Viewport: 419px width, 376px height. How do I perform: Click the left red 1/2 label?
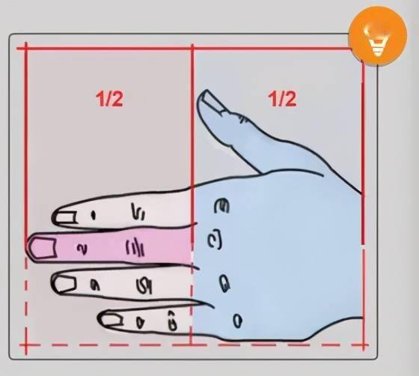click(109, 99)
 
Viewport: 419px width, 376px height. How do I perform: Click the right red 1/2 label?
click(282, 99)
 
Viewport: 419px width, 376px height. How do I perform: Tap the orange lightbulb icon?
click(377, 36)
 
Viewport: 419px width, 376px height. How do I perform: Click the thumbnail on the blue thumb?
click(213, 101)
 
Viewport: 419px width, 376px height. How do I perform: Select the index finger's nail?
click(66, 217)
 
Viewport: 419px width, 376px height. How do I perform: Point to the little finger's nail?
click(111, 320)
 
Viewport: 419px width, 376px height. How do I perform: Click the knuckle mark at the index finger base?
click(221, 206)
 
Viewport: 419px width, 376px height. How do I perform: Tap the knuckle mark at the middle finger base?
click(215, 240)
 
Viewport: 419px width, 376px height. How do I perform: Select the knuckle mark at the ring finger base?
click(224, 283)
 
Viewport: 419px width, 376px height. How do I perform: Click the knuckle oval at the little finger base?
click(237, 321)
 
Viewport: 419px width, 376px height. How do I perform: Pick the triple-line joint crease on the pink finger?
click(135, 247)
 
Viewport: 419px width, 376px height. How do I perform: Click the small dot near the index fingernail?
click(94, 215)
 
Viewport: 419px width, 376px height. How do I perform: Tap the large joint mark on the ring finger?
click(144, 285)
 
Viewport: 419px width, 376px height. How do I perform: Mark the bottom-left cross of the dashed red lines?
click(26, 345)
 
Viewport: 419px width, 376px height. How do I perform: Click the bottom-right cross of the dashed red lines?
click(364, 345)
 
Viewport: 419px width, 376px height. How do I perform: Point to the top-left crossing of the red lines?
click(26, 49)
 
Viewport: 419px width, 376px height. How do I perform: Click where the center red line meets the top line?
click(192, 49)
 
